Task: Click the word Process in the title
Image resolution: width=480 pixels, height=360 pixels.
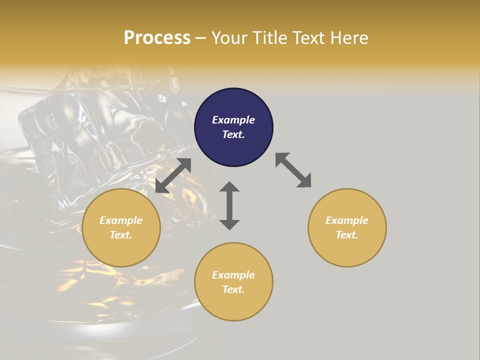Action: coord(157,38)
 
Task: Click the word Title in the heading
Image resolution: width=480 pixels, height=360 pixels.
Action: coord(270,38)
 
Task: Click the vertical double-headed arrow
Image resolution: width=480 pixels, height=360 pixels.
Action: coord(229,205)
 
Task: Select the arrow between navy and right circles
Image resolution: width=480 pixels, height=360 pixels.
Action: coord(293,170)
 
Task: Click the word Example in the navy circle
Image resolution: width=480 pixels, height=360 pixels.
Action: coord(233,120)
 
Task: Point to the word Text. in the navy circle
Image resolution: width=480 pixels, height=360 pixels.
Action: coord(233,134)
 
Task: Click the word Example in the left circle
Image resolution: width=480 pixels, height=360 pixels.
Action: coord(121,220)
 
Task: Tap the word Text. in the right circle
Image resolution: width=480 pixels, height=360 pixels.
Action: coord(347,235)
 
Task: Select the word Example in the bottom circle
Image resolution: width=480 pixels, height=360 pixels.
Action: coord(233,275)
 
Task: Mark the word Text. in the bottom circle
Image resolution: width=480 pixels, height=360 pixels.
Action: coord(233,289)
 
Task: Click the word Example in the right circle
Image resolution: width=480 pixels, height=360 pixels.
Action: coord(347,220)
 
